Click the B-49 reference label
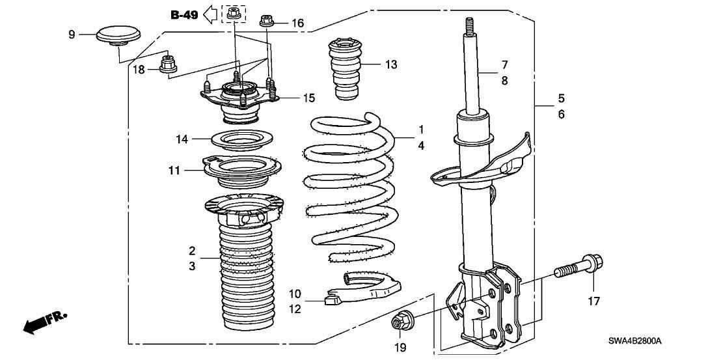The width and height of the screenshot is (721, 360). pos(184,15)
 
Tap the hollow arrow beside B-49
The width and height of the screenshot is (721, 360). pos(210,14)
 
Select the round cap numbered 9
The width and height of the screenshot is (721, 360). pos(118,36)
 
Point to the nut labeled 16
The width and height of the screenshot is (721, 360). pos(267,21)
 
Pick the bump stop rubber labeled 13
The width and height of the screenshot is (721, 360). pos(345,68)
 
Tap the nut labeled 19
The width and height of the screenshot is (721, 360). pos(399,322)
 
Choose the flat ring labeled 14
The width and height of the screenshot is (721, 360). pos(242,139)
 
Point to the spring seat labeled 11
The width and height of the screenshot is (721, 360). pos(242,171)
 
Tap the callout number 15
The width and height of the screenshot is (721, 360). pos(308,98)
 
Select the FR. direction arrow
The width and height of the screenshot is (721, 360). pos(45,322)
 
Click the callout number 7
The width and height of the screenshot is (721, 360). pos(504,64)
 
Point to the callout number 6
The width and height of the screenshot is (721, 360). pos(562,115)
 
